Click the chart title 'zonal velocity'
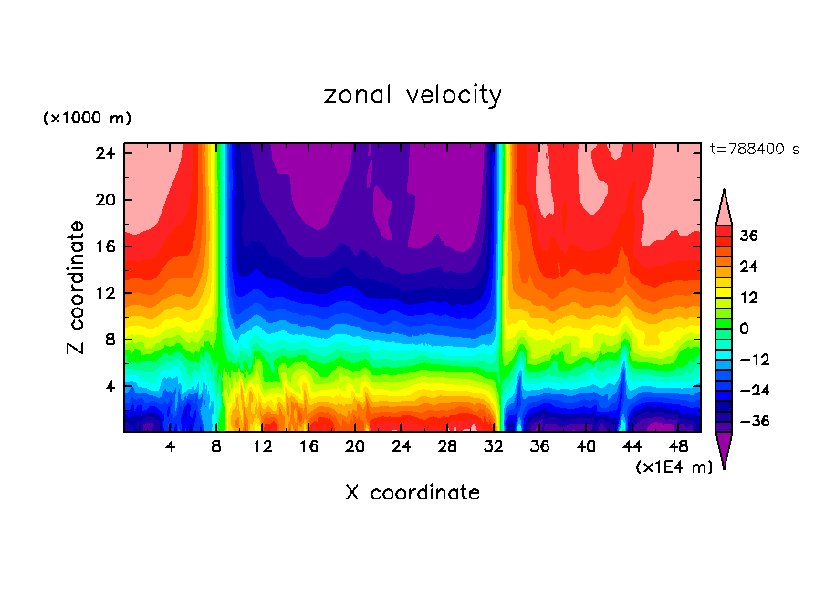tap(412, 96)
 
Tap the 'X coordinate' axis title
tap(412, 493)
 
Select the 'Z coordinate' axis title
tap(78, 288)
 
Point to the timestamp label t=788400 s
tap(755, 149)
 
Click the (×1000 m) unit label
tap(87, 119)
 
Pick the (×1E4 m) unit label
tap(674, 467)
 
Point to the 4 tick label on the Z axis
tap(110, 386)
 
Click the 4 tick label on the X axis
tap(171, 446)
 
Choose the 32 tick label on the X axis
tap(494, 446)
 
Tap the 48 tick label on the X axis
tap(679, 446)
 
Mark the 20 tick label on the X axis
tap(355, 446)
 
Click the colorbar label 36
tap(749, 236)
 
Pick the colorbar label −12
tap(753, 360)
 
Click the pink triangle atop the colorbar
tap(724, 207)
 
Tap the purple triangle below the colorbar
tap(724, 449)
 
